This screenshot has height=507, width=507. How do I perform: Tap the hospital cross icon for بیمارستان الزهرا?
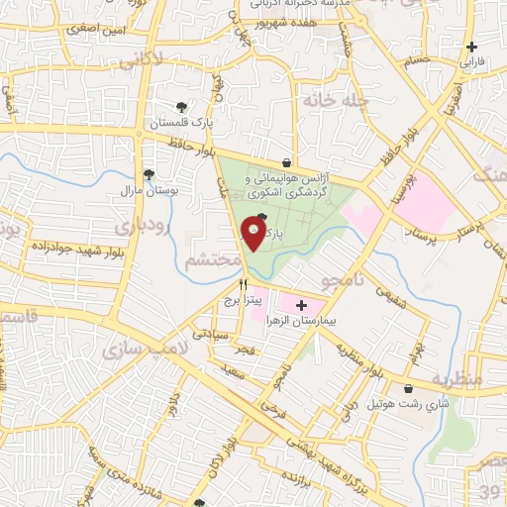(x=302, y=306)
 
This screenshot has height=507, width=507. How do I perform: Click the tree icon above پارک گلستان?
(x=181, y=107)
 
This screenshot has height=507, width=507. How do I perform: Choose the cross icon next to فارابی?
(x=472, y=46)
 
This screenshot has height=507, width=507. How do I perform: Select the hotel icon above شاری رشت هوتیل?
(x=410, y=389)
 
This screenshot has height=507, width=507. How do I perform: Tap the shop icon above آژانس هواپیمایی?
(x=287, y=162)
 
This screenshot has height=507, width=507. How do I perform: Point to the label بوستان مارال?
(x=146, y=189)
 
